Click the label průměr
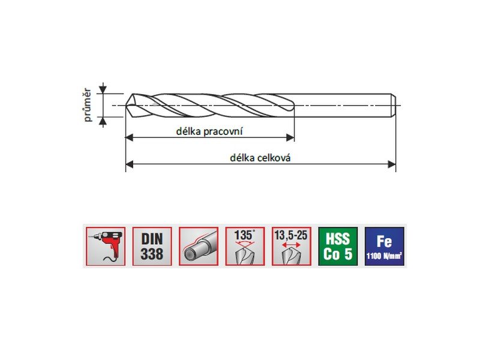[x=88, y=105]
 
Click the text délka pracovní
[x=209, y=131]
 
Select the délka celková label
[x=260, y=158]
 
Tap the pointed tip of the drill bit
[x=126, y=106]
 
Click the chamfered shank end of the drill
[x=394, y=106]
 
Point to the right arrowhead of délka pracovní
[x=290, y=137]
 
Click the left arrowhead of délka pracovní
[x=130, y=137]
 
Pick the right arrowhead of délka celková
[x=392, y=164]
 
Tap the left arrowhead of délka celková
[x=130, y=164]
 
